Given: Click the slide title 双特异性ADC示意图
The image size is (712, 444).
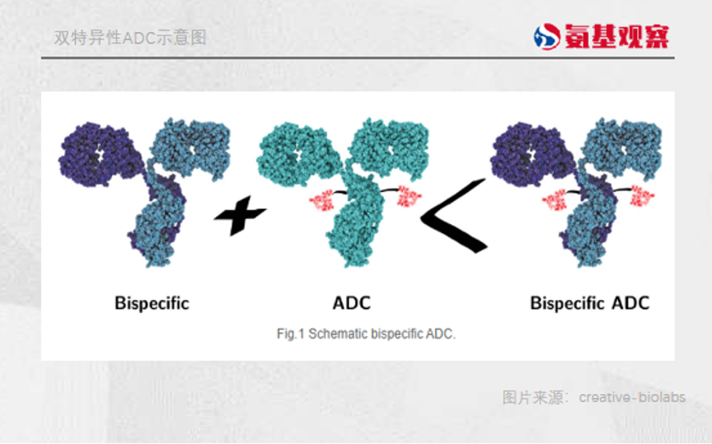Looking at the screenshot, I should (129, 38).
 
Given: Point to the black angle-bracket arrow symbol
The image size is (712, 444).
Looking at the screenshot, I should (452, 216).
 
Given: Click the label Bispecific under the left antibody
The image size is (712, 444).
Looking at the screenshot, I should (152, 303).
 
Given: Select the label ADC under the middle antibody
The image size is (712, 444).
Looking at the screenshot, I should (352, 303).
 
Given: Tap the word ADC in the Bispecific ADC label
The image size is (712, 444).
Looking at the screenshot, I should (630, 303).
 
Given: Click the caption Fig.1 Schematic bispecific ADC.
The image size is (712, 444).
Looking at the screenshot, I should (366, 334).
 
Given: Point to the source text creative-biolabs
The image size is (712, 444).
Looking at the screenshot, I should (631, 397).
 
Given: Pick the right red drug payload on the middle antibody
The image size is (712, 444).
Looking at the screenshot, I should (408, 197).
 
